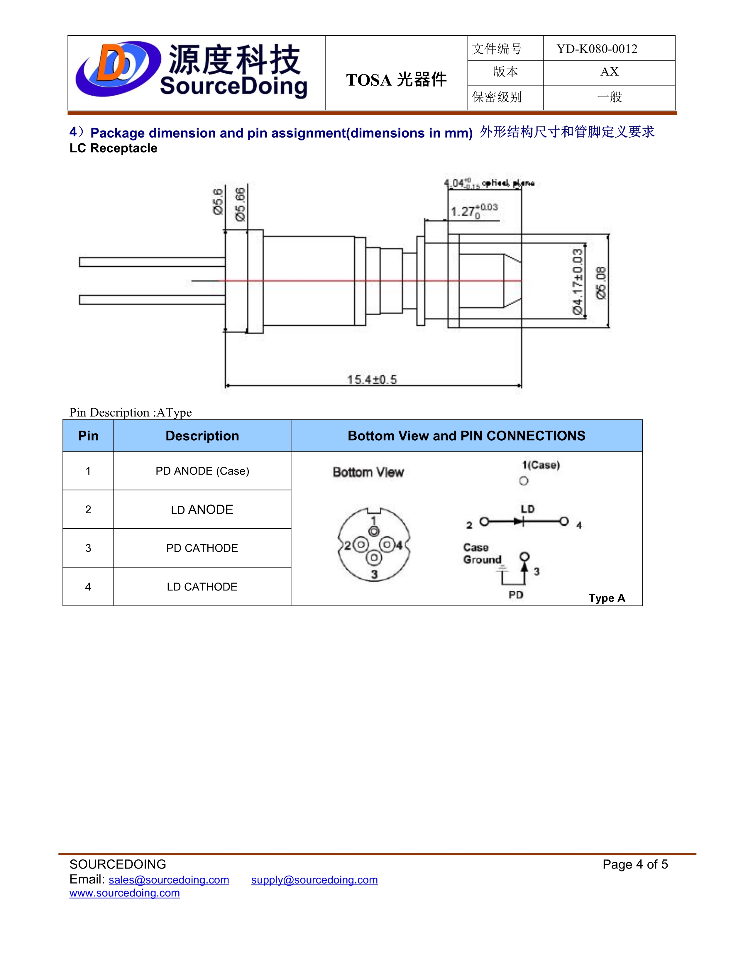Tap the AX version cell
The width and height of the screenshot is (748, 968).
(x=609, y=72)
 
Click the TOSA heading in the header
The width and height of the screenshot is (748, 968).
(x=396, y=80)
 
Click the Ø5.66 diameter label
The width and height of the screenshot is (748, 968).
(x=240, y=205)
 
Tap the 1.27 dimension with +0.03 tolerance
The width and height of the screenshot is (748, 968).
(x=473, y=211)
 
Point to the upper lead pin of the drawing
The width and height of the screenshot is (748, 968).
(x=152, y=262)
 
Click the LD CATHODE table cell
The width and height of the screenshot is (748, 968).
(x=202, y=587)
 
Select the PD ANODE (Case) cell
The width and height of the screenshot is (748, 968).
(x=202, y=471)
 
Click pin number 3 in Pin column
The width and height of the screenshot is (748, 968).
(x=88, y=548)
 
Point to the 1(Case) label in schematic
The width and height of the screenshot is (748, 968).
(x=541, y=465)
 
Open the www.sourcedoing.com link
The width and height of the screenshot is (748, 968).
(x=124, y=893)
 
